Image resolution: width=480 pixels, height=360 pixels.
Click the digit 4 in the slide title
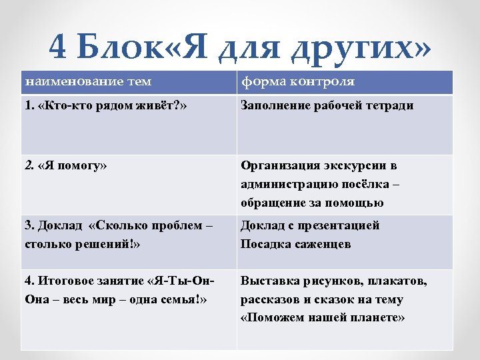click(59, 47)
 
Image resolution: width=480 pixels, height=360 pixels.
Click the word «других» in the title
click(363, 48)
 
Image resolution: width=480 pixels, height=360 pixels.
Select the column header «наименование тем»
click(88, 82)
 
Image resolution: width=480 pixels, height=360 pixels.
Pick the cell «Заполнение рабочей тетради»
click(327, 105)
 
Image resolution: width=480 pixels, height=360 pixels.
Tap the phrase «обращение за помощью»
click(312, 203)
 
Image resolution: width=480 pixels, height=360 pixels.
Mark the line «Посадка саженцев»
click(295, 244)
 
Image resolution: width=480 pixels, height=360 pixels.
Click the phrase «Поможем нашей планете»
click(323, 318)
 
